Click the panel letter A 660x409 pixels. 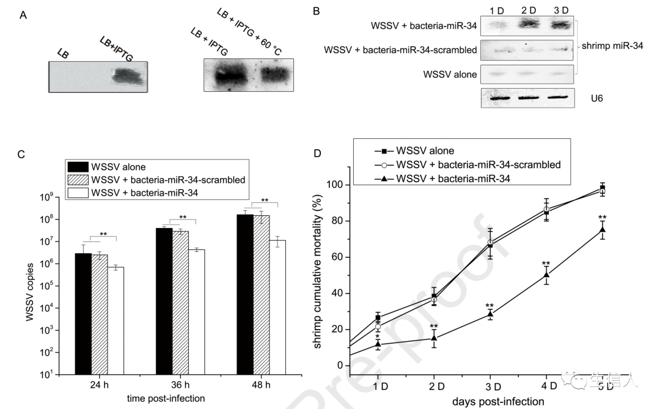(23, 15)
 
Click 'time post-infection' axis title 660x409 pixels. (166, 398)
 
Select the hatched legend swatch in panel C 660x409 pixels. (78, 179)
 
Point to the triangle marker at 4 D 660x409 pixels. (546, 275)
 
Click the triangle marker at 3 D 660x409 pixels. (490, 314)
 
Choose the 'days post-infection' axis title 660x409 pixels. (498, 402)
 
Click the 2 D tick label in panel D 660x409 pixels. (435, 386)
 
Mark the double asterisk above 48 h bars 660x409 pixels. (265, 200)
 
